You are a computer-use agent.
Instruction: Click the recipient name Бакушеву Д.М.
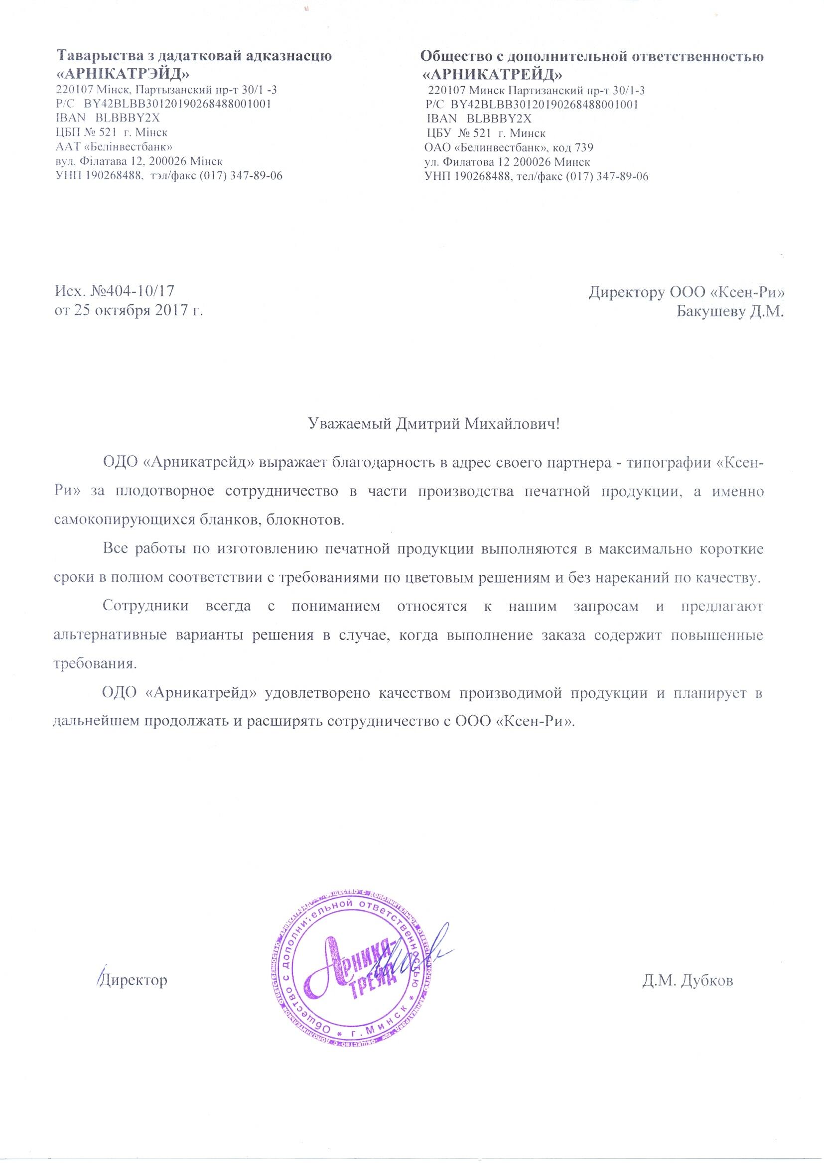click(x=731, y=310)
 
